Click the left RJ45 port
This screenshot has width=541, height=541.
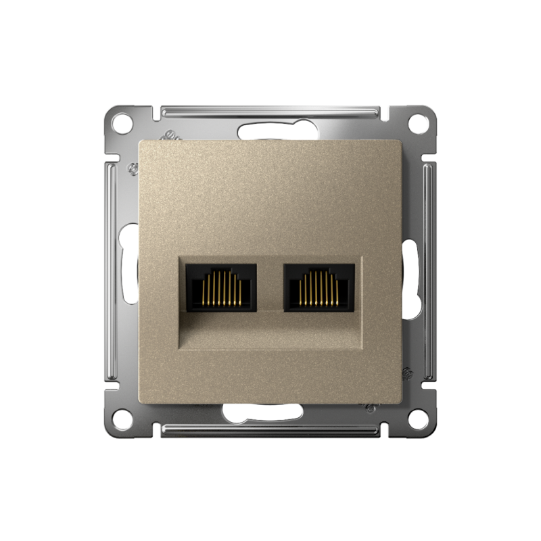coord(221,287)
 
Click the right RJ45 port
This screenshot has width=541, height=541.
coord(319,287)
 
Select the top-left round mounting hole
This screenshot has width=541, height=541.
coord(122,123)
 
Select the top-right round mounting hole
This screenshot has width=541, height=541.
coord(419,123)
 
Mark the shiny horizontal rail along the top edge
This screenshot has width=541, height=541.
coord(270,111)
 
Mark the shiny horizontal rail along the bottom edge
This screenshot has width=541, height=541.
coord(270,430)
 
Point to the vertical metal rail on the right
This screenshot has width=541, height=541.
coord(429,270)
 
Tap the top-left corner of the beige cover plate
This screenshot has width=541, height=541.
coord(141,143)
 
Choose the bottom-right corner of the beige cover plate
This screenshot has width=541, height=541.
coord(401,399)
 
